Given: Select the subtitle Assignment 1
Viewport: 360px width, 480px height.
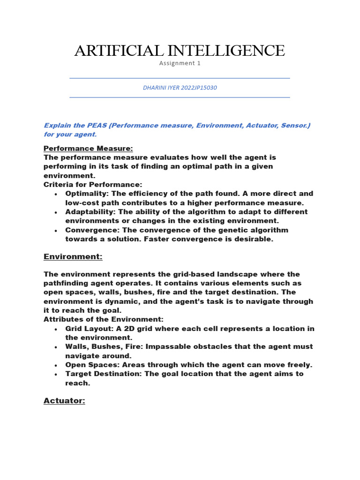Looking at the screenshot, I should pyautogui.click(x=180, y=63).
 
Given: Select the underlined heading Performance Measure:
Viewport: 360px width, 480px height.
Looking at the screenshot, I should pyautogui.click(x=88, y=149).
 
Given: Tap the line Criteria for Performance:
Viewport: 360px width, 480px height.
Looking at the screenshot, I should pyautogui.click(x=93, y=185).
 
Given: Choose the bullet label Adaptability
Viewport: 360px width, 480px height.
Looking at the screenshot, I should pyautogui.click(x=88, y=212).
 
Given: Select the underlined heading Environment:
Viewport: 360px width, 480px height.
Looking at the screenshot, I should pyautogui.click(x=73, y=256).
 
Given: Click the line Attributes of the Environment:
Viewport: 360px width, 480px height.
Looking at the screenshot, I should pyautogui.click(x=104, y=319).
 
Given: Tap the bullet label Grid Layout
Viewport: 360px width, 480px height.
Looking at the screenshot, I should pyautogui.click(x=86, y=329).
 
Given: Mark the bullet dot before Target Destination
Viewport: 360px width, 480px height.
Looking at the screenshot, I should pyautogui.click(x=56, y=375).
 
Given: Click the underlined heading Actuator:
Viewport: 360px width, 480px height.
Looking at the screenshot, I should pyautogui.click(x=64, y=401).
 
